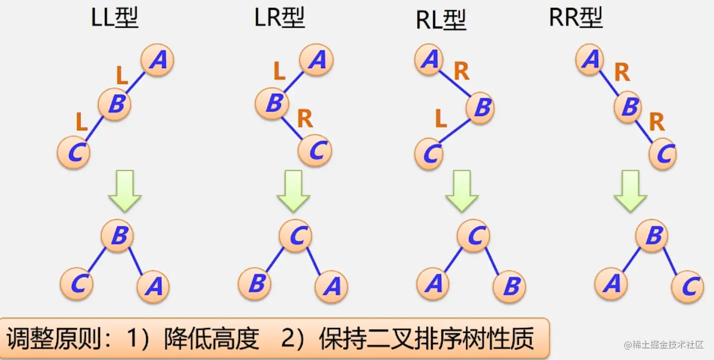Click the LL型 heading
click(115, 18)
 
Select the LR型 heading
click(280, 18)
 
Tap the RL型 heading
click(440, 20)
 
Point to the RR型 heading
click(576, 18)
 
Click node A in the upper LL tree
click(157, 60)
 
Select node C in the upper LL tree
click(74, 152)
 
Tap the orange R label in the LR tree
click(305, 119)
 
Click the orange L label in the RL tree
click(441, 119)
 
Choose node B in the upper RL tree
click(481, 108)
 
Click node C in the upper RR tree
click(663, 154)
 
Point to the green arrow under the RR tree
click(630, 190)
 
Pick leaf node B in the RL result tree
click(510, 287)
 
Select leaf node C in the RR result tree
click(688, 286)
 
